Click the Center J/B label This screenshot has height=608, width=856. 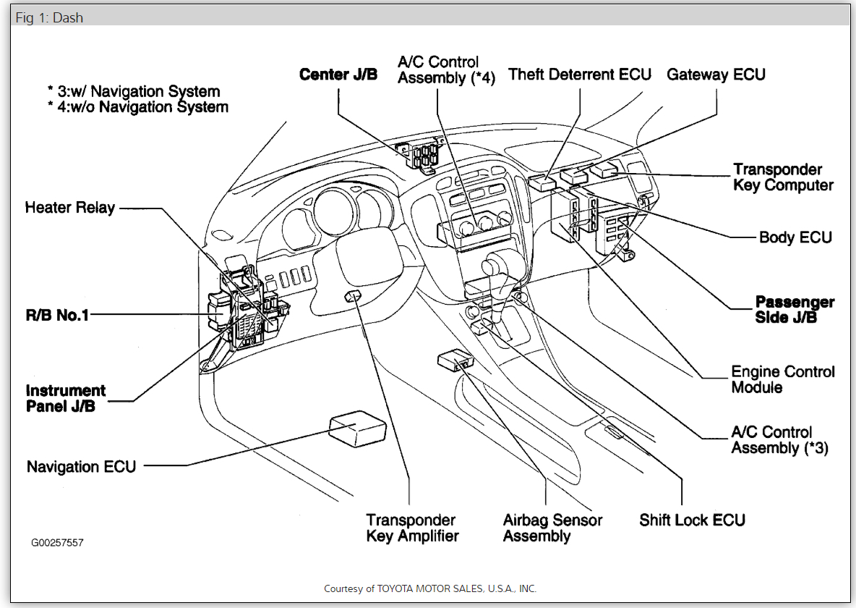click(x=338, y=75)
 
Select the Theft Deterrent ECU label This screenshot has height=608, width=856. click(x=580, y=75)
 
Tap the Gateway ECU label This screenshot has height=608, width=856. click(x=716, y=75)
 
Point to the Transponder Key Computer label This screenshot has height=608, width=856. click(x=783, y=177)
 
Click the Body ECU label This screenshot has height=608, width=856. click(x=795, y=237)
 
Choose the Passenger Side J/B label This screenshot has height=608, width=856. click(x=795, y=309)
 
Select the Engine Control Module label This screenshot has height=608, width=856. click(x=783, y=379)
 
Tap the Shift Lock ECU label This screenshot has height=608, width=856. click(x=692, y=520)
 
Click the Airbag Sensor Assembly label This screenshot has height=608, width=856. click(x=552, y=528)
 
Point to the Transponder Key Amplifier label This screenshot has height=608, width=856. click(x=411, y=528)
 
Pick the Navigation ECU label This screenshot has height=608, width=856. click(x=81, y=467)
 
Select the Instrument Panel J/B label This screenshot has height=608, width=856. click(x=65, y=398)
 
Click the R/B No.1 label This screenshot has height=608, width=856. click(x=57, y=316)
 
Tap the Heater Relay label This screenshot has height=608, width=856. click(x=70, y=208)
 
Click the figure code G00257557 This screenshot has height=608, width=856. click(x=57, y=542)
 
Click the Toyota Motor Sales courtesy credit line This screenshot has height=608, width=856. click(x=429, y=588)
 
